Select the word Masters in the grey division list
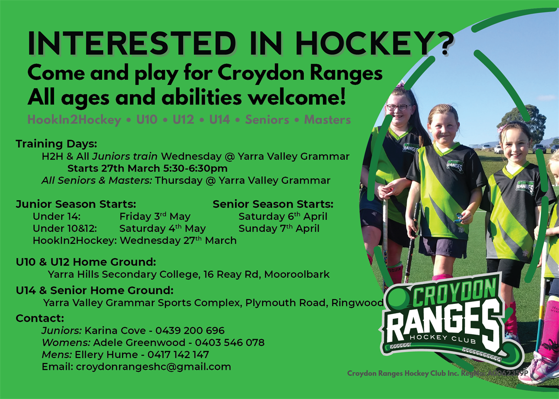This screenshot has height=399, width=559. click(x=327, y=120)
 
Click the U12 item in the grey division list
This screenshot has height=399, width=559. click(x=183, y=120)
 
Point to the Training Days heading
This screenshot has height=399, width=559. click(x=56, y=144)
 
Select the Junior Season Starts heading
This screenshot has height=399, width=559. click(x=76, y=204)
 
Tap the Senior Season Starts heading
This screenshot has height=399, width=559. click(x=273, y=204)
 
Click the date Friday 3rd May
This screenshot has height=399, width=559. click(x=155, y=216)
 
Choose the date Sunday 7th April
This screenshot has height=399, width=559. click(x=279, y=228)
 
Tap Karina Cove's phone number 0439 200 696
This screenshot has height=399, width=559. click(x=190, y=330)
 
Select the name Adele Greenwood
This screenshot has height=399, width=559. click(x=126, y=343)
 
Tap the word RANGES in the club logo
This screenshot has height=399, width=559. click(x=438, y=321)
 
